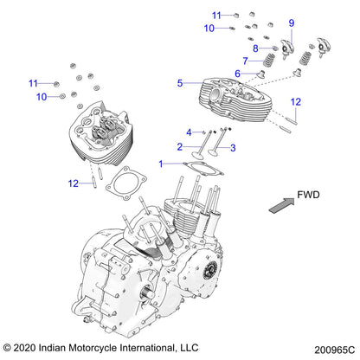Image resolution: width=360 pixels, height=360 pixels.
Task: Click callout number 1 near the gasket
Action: click(160, 162)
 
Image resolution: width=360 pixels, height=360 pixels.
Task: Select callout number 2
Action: click(180, 147)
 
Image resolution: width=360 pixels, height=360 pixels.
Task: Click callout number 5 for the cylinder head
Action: click(180, 83)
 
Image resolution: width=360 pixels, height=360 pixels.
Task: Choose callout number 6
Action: click(238, 74)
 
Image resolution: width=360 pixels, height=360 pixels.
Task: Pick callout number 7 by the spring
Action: click(245, 61)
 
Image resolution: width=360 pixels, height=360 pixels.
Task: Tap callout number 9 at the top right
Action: click(292, 22)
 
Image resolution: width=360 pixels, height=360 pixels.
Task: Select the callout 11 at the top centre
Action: click(217, 15)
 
